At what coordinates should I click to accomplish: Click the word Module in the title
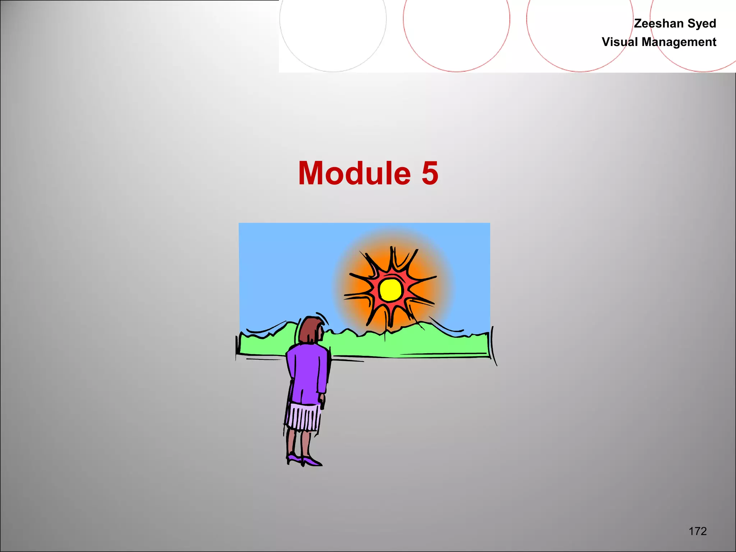[354, 174]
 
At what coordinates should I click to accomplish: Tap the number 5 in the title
[430, 174]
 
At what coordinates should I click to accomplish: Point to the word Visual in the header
[620, 42]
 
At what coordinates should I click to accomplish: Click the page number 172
[698, 531]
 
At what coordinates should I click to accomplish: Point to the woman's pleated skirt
[303, 417]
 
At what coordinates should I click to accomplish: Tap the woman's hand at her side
[322, 401]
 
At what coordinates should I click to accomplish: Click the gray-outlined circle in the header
[333, 36]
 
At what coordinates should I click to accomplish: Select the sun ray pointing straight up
[393, 259]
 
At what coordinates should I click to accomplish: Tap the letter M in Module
[313, 174]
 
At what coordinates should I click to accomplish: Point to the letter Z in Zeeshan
[639, 23]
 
